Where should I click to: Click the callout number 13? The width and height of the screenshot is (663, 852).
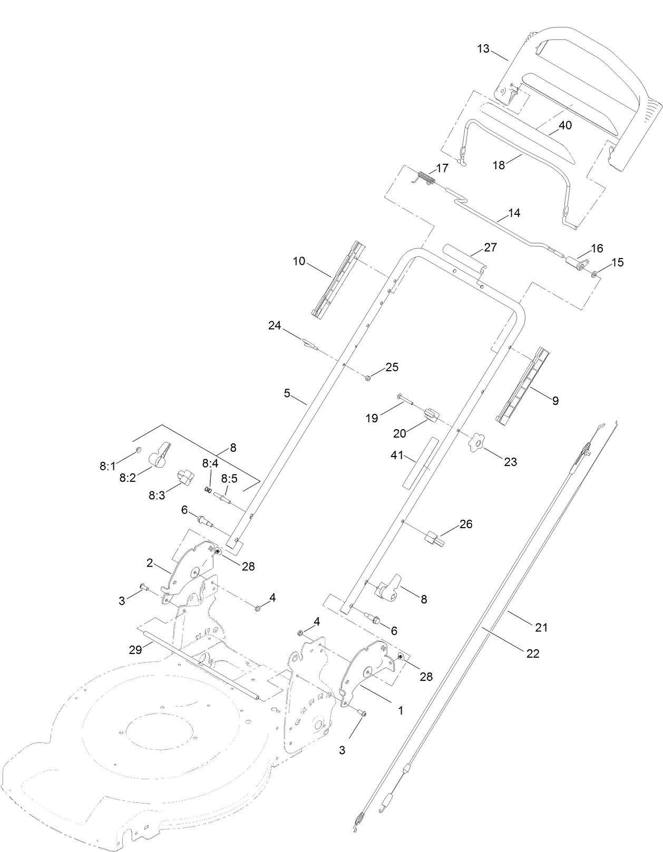pyautogui.click(x=483, y=48)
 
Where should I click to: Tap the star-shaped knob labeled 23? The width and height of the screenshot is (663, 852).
pyautogui.click(x=476, y=441)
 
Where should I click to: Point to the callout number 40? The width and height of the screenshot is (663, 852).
pyautogui.click(x=565, y=125)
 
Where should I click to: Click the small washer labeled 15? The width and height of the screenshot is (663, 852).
pyautogui.click(x=594, y=274)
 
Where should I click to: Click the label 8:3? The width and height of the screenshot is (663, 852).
pyautogui.click(x=157, y=495)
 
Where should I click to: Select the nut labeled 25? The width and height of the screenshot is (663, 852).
pyautogui.click(x=368, y=378)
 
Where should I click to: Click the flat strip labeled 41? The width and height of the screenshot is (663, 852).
pyautogui.click(x=417, y=462)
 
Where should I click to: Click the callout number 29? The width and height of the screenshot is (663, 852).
pyautogui.click(x=135, y=650)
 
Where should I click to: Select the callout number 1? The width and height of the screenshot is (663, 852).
pyautogui.click(x=401, y=710)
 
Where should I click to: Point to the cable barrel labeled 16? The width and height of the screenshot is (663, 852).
pyautogui.click(x=575, y=262)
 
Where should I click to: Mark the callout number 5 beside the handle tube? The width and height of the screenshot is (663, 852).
pyautogui.click(x=287, y=393)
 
